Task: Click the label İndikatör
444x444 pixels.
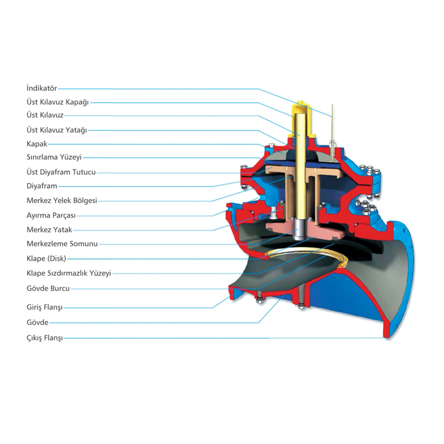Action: point(42,88)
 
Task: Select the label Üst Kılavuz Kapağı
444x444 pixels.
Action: point(58,102)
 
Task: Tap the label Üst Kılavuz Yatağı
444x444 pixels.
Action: point(57,130)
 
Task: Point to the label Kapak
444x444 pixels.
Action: point(37,144)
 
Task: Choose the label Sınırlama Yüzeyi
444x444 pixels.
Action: point(54,157)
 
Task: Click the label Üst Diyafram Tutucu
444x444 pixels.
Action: point(61,172)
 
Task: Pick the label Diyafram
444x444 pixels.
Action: point(42,186)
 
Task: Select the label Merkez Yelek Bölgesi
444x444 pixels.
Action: point(62,201)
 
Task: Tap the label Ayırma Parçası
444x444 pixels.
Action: point(51,215)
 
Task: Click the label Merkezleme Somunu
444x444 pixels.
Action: point(62,244)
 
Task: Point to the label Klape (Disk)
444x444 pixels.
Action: point(47,258)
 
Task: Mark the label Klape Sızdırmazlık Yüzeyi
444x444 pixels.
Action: point(69,273)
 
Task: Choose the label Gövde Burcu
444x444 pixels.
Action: point(48,289)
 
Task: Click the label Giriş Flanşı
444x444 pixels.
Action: point(44,307)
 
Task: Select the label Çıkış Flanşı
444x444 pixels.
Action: point(44,338)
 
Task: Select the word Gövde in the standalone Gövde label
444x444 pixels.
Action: point(37,322)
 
